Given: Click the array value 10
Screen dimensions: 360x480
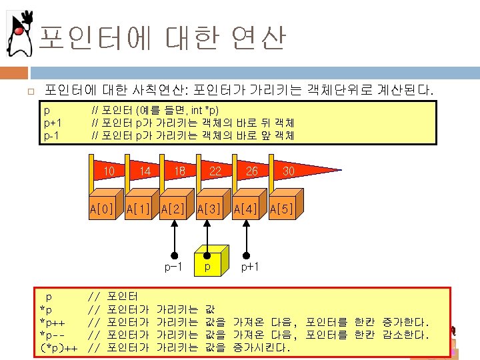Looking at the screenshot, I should pyautogui.click(x=109, y=171).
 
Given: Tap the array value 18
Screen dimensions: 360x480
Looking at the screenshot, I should pyautogui.click(x=179, y=171).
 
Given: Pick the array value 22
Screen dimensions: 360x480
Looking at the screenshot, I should pyautogui.click(x=215, y=171).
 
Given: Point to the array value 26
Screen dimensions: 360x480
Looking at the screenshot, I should pyautogui.click(x=251, y=171).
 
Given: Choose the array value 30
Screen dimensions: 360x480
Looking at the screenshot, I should pyautogui.click(x=288, y=171).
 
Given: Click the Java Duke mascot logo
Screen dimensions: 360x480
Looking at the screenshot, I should pyautogui.click(x=21, y=33).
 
